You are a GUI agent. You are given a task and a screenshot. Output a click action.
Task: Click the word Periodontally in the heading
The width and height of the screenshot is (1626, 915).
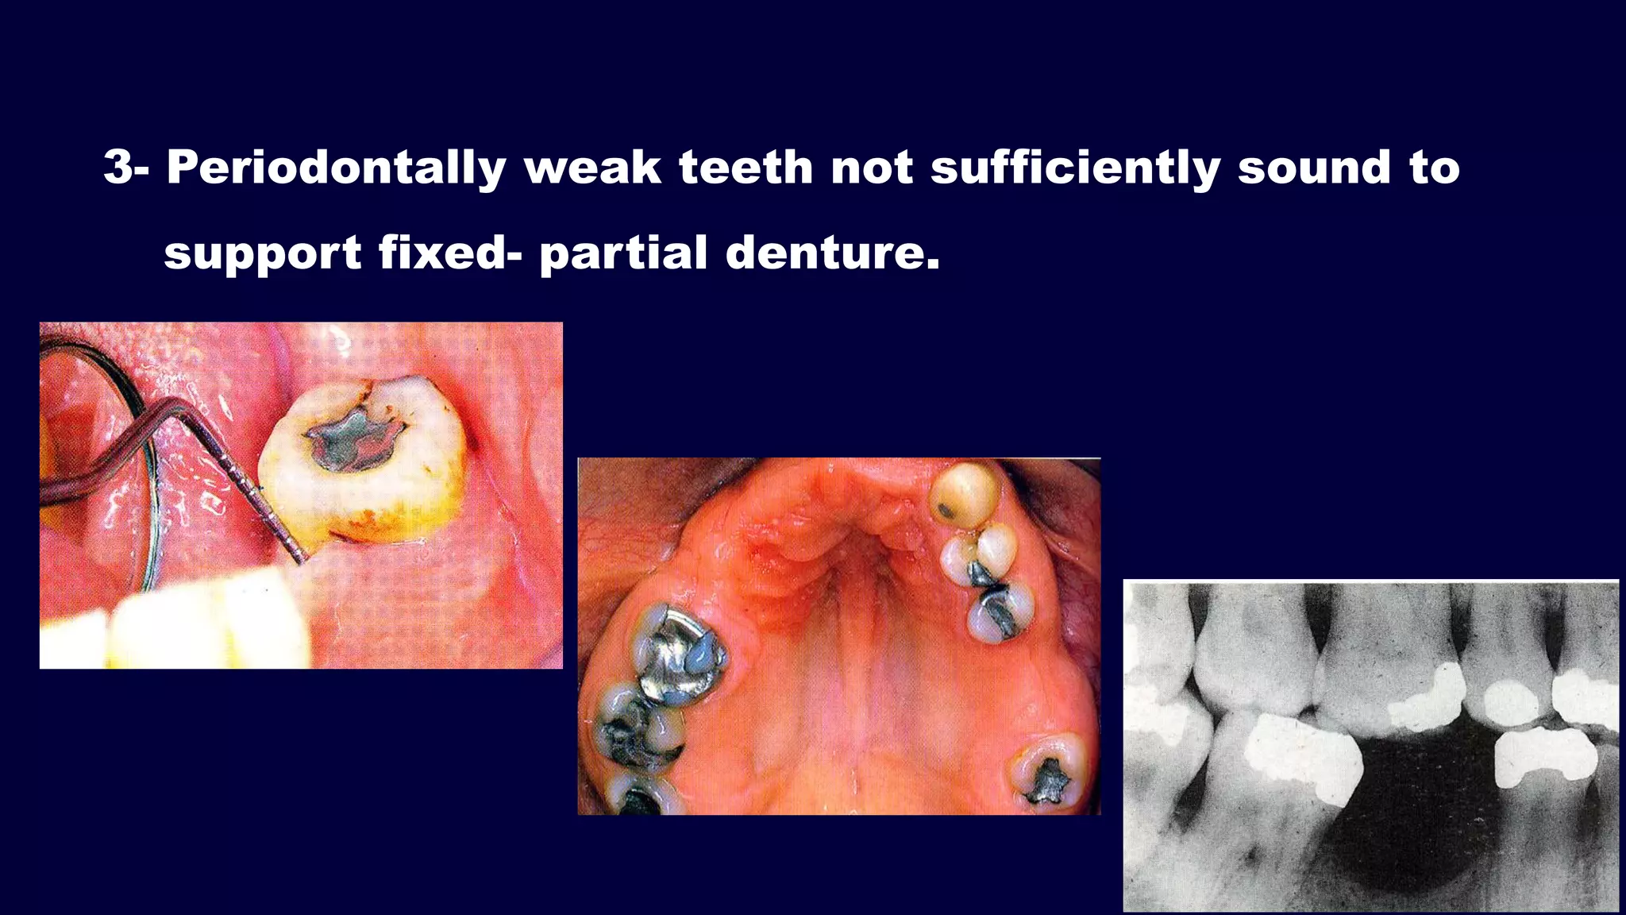[x=336, y=168]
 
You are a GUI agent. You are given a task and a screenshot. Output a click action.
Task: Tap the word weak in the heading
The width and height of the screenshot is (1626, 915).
[x=592, y=168]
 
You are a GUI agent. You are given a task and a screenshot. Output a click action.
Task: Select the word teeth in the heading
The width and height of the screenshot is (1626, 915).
[x=746, y=168]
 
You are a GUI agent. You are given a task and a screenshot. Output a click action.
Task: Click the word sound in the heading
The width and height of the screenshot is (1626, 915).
[x=1314, y=168]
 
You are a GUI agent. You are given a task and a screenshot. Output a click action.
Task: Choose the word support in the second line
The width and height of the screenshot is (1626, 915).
[x=263, y=253]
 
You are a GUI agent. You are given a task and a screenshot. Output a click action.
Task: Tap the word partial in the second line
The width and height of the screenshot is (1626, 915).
[x=623, y=253]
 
